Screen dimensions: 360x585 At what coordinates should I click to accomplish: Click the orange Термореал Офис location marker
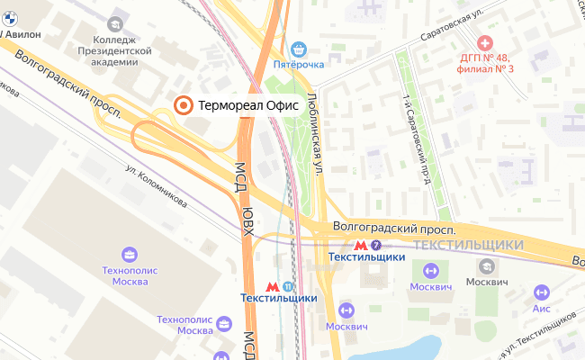pyautogui.click(x=183, y=105)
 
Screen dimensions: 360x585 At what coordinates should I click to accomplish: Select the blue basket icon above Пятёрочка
pyautogui.click(x=302, y=49)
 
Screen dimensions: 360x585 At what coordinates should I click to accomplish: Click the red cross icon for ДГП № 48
pyautogui.click(x=486, y=42)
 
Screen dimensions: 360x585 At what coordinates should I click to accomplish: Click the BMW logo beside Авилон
pyautogui.click(x=3, y=32)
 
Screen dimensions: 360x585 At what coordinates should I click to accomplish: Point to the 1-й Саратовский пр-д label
pyautogui.click(x=417, y=139)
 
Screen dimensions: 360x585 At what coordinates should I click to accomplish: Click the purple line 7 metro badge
pyautogui.click(x=375, y=245)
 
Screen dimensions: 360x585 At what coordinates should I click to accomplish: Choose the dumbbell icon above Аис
pyautogui.click(x=541, y=292)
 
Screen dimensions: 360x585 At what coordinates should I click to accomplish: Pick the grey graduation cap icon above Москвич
pyautogui.click(x=487, y=266)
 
